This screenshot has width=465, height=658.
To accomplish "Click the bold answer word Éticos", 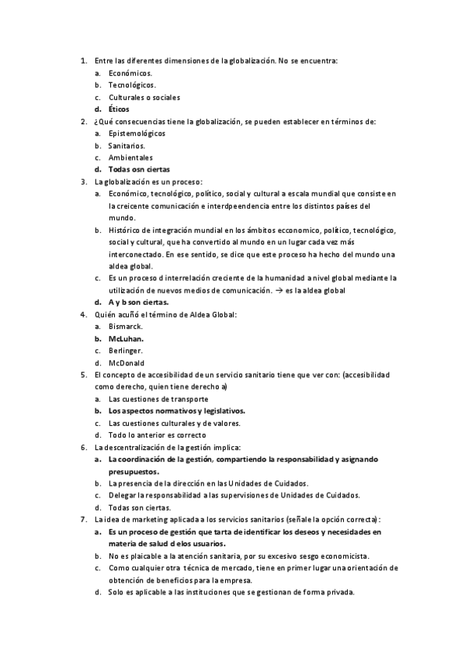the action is click(120, 109).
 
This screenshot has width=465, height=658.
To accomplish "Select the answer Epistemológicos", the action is click(137, 133).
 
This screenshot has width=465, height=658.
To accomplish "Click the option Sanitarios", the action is click(127, 145).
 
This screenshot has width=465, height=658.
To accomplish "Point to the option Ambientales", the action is click(130, 158).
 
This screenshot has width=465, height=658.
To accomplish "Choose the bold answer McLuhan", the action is click(127, 338).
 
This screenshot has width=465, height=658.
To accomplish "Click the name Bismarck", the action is click(126, 327).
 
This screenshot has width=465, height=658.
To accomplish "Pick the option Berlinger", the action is click(126, 351).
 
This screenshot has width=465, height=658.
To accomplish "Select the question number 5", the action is click(84, 375).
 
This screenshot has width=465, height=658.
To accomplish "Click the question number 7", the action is click(84, 519).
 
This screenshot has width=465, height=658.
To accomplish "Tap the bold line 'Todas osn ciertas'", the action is click(140, 169).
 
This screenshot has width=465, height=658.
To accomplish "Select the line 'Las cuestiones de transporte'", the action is click(158, 399).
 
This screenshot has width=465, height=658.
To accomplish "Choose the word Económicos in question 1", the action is click(130, 73).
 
